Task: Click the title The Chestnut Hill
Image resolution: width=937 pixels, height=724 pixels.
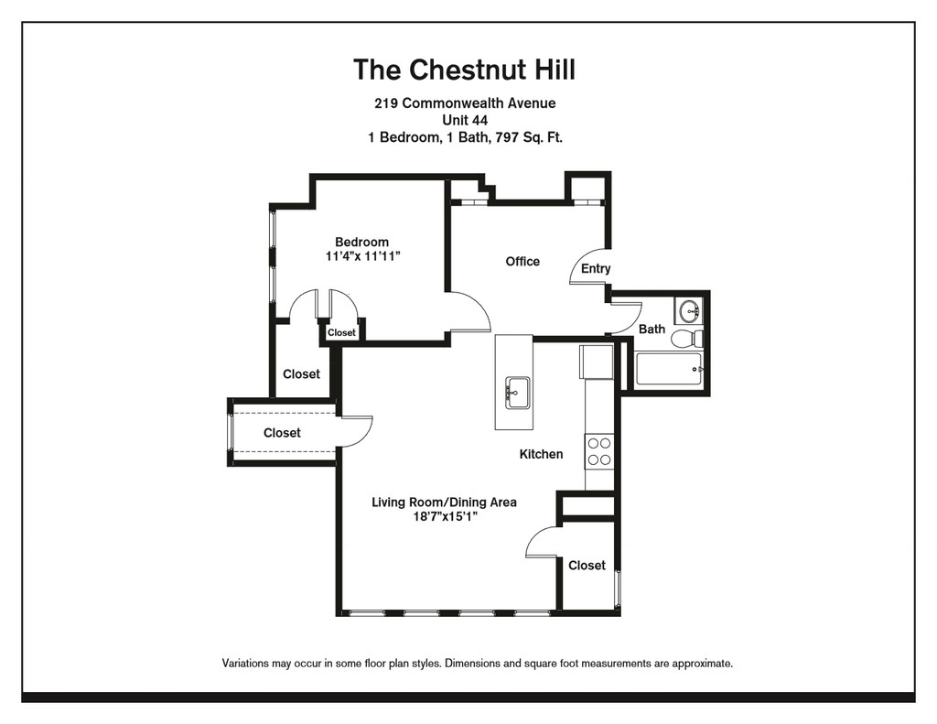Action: coord(464,70)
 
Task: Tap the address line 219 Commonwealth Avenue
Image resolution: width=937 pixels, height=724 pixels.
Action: coord(465,103)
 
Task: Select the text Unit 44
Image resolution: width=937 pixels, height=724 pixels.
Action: coord(465,120)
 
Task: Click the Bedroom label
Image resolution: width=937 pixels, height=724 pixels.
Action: coord(361,243)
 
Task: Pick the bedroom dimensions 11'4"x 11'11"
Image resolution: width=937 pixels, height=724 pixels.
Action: coord(362,256)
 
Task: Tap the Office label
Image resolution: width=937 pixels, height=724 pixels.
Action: coord(522,261)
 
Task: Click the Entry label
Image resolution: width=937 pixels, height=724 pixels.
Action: coord(596,268)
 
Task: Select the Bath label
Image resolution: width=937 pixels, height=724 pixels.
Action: coord(652,329)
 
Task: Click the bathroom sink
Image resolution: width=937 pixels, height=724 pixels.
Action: coord(690,311)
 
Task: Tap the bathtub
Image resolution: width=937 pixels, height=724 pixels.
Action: coord(669,369)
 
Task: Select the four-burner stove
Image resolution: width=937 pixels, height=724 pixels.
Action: coord(599,451)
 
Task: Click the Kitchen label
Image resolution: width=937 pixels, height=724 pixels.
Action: coord(541,454)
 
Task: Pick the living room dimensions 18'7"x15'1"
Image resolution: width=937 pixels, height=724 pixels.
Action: coord(445,516)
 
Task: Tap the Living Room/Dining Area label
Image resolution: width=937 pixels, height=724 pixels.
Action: coord(444,502)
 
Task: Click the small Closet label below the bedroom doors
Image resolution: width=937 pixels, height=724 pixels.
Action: coord(341,332)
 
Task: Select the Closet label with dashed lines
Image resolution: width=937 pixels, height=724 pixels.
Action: coord(282,433)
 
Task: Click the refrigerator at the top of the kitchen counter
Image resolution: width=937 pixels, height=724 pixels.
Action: coord(597,362)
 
